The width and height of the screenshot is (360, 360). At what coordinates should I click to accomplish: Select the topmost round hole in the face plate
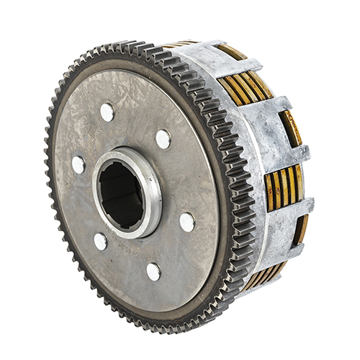(107, 112)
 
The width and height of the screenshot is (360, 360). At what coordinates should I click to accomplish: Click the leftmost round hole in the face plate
(78, 164)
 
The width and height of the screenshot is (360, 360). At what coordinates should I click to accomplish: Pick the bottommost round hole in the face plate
(153, 271)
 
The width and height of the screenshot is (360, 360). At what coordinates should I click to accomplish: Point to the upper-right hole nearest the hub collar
(163, 138)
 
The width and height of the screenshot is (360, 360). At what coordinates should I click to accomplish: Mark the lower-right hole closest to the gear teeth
(186, 222)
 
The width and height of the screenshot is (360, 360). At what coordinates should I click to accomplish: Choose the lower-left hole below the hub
(101, 241)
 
